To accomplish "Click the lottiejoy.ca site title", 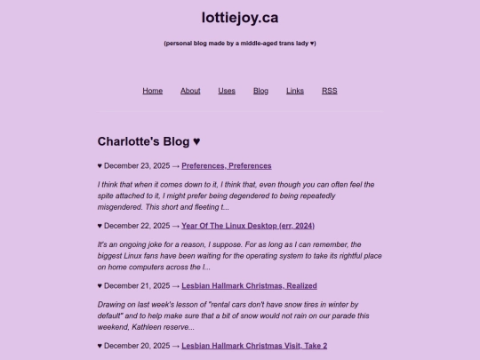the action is pyautogui.click(x=239, y=17).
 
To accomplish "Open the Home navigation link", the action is pyautogui.click(x=152, y=91).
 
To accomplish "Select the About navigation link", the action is pyautogui.click(x=190, y=91).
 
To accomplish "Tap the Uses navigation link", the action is pyautogui.click(x=227, y=91).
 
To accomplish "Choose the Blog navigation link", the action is pyautogui.click(x=260, y=91).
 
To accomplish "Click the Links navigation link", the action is pyautogui.click(x=295, y=91).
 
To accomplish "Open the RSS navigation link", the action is pyautogui.click(x=329, y=91).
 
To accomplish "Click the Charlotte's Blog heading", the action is pyautogui.click(x=143, y=141).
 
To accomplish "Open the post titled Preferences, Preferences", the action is pyautogui.click(x=227, y=165).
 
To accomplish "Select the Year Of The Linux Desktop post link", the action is pyautogui.click(x=248, y=226).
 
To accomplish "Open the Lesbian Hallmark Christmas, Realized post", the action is pyautogui.click(x=249, y=286).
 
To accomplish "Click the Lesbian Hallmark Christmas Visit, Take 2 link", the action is pyautogui.click(x=254, y=346).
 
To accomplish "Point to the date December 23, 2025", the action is pyautogui.click(x=137, y=165).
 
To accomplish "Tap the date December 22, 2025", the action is pyautogui.click(x=137, y=226).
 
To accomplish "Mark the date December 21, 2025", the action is pyautogui.click(x=137, y=286).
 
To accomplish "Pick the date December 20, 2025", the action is pyautogui.click(x=137, y=346).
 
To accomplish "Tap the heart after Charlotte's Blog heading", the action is pyautogui.click(x=196, y=141).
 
